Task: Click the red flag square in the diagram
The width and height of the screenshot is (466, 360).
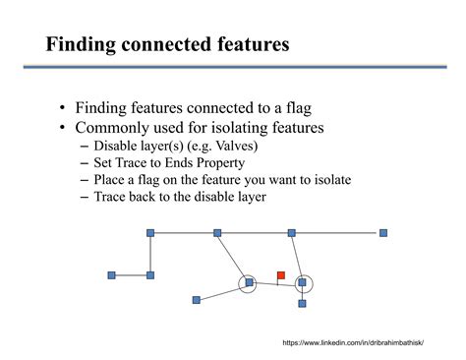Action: (x=280, y=275)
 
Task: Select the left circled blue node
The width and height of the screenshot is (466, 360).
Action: (x=249, y=282)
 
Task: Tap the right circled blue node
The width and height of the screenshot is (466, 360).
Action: (x=303, y=282)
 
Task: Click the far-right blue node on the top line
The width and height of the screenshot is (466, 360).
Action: (x=383, y=233)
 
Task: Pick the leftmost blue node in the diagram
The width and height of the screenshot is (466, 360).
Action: (x=111, y=275)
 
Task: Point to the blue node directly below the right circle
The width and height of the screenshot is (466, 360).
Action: (x=302, y=303)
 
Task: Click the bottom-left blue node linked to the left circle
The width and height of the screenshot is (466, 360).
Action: (x=197, y=299)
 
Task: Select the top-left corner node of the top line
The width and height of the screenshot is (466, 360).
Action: (x=150, y=233)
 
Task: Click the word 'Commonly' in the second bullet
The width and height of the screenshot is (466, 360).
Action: (x=108, y=128)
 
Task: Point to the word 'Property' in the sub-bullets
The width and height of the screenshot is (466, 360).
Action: (x=218, y=163)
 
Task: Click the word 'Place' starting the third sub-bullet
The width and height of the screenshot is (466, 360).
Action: (x=110, y=180)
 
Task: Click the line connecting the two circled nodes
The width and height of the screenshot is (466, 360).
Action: (x=275, y=282)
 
